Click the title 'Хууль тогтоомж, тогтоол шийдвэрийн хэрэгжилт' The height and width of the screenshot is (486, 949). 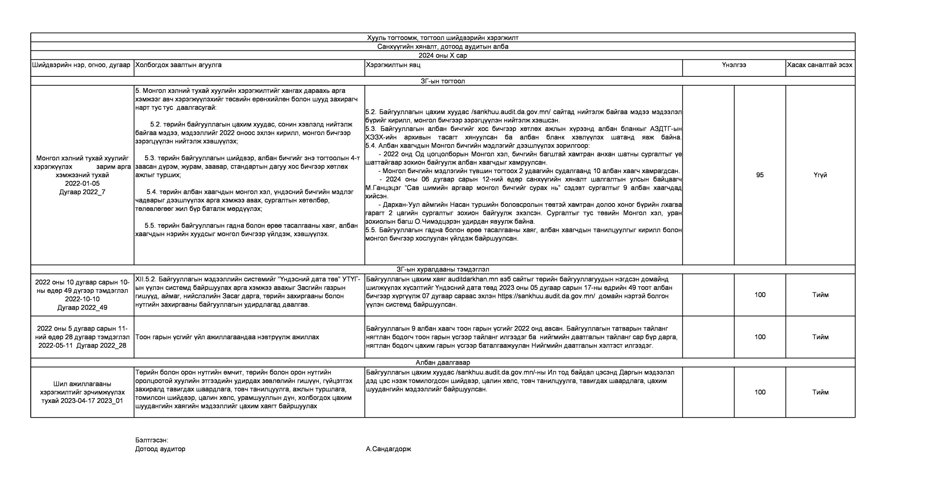click(443, 38)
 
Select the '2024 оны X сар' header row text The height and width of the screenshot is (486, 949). click(443, 56)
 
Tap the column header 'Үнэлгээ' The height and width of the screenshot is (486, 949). click(734, 65)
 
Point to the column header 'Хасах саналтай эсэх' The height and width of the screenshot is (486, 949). click(820, 65)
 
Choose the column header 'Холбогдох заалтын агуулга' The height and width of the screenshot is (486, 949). click(178, 65)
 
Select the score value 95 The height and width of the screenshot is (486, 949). click(760, 175)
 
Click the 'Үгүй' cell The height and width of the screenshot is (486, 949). click(820, 175)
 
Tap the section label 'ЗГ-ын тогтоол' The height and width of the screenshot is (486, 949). click(443, 81)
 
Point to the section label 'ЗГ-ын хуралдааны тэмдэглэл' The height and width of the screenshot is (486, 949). click(443, 270)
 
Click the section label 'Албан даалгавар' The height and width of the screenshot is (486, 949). click(443, 363)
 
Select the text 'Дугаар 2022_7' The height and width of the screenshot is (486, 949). click(82, 192)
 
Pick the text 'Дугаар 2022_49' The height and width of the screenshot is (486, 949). click(82, 308)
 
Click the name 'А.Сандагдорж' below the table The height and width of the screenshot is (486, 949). click(388, 449)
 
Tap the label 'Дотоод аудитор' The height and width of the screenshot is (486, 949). click(160, 449)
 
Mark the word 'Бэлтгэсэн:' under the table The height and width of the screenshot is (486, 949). click(152, 440)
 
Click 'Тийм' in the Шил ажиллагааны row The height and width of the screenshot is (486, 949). click(820, 392)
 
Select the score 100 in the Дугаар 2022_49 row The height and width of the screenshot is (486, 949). click(760, 295)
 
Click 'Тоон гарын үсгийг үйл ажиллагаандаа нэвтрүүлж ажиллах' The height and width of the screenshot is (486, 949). click(227, 337)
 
